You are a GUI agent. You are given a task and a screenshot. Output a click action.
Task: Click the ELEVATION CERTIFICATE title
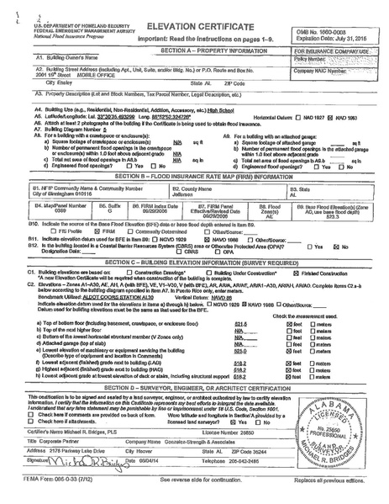pos(194,27)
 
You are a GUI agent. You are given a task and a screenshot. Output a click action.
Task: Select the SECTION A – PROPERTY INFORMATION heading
pos(194,50)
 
